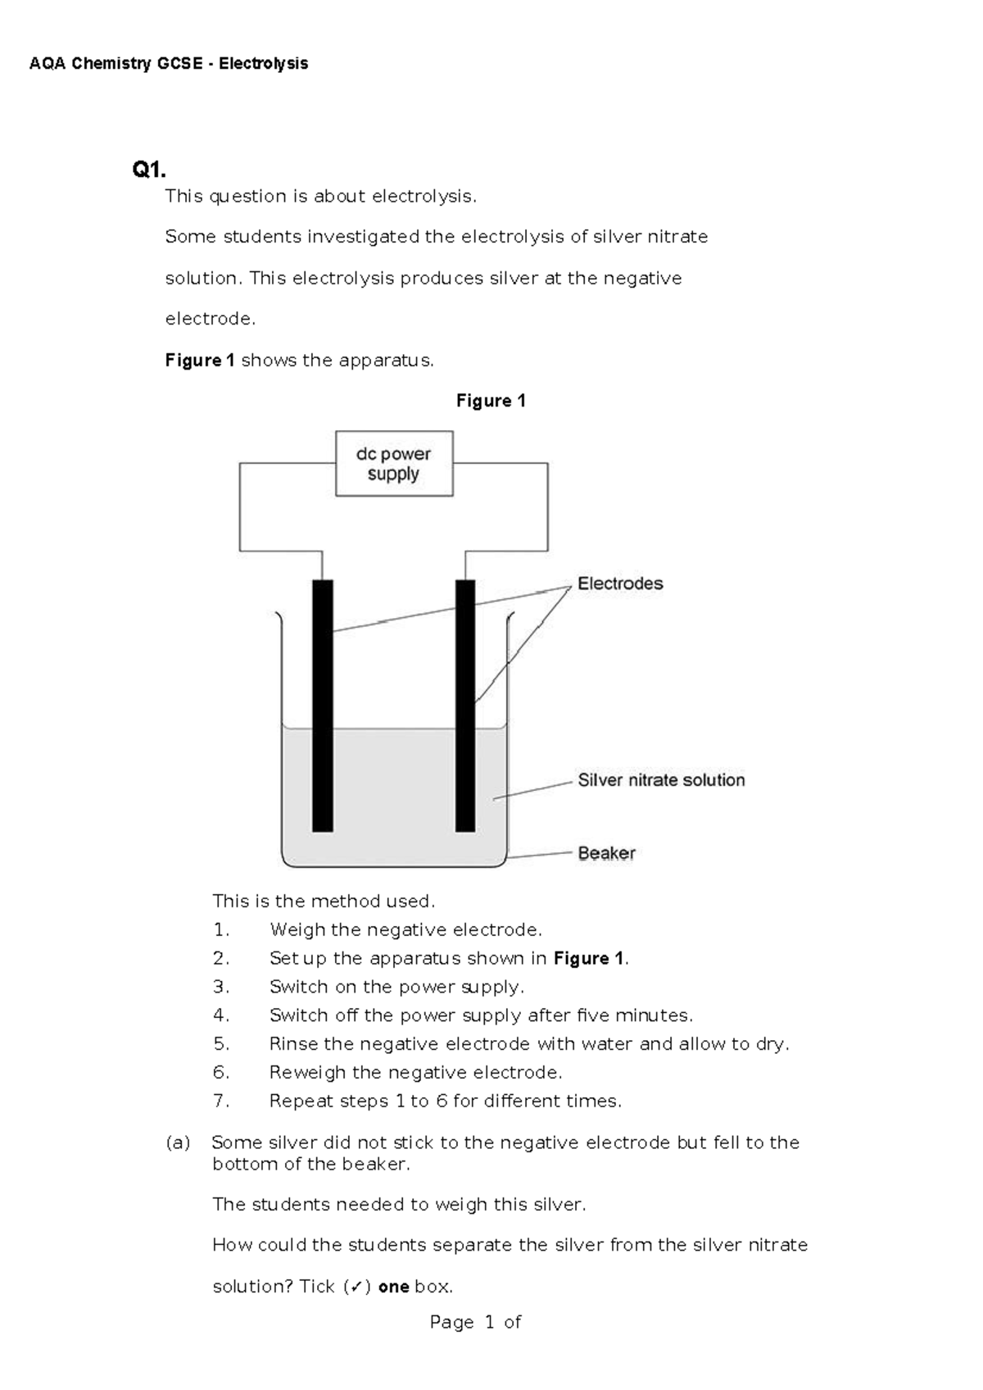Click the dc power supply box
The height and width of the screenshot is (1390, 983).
[x=394, y=464]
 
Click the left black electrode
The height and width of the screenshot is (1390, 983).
[x=323, y=705]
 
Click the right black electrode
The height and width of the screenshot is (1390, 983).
[x=465, y=705]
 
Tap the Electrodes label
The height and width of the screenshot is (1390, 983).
[x=620, y=584]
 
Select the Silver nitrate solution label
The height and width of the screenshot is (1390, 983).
[x=661, y=780]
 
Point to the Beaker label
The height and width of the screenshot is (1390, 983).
[x=606, y=853]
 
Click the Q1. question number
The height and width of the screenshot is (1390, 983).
[x=149, y=170]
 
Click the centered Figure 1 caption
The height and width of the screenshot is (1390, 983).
[x=491, y=401]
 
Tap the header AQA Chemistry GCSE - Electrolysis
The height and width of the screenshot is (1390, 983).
[x=169, y=64]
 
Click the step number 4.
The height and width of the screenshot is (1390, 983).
[x=220, y=1015]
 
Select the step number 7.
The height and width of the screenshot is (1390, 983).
[x=220, y=1102]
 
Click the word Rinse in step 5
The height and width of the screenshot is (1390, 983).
[x=292, y=1044]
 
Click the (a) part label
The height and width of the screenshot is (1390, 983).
[x=178, y=1142]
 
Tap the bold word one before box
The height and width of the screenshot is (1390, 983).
[x=393, y=1287]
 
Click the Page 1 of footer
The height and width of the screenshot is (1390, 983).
[x=475, y=1322]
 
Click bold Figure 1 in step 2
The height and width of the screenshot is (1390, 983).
[x=589, y=959]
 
